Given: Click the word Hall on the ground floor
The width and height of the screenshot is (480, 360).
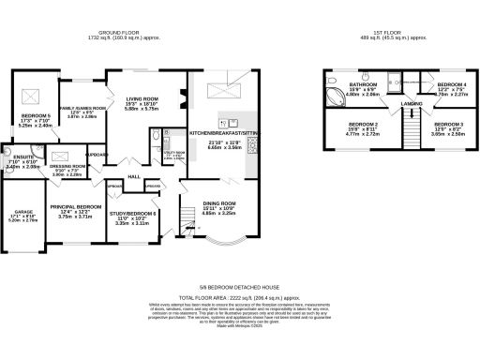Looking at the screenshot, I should (134, 175).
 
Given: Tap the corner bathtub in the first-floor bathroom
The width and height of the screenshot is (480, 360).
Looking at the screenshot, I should (332, 96).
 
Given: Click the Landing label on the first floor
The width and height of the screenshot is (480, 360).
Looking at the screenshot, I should (410, 103).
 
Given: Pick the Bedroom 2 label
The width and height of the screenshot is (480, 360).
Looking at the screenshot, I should (363, 124).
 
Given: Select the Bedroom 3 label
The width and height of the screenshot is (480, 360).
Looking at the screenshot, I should (447, 124).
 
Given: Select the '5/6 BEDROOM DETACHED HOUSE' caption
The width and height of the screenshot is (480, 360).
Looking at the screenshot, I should (239, 288).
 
